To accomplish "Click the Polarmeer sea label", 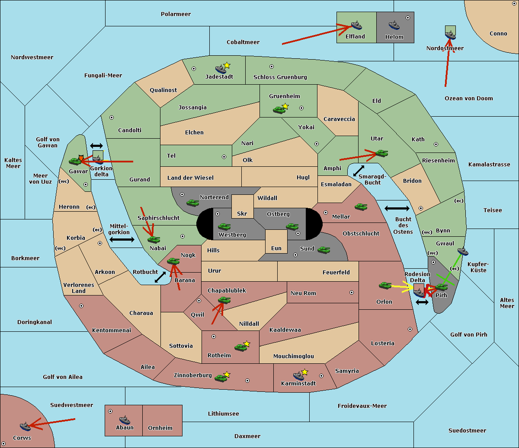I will pyautogui.click(x=176, y=14).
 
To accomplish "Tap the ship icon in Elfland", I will pyautogui.click(x=356, y=25).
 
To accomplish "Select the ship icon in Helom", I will pyautogui.click(x=394, y=25).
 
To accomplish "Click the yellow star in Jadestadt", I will pyautogui.click(x=227, y=65).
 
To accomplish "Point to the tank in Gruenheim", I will pyautogui.click(x=279, y=110).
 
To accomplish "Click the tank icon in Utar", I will pyautogui.click(x=381, y=153).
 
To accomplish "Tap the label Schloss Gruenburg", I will pyautogui.click(x=280, y=77).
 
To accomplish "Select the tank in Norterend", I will pyautogui.click(x=192, y=202).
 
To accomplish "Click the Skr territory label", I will pyautogui.click(x=242, y=214).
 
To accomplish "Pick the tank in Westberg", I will pyautogui.click(x=224, y=226).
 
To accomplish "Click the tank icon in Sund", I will pyautogui.click(x=324, y=250).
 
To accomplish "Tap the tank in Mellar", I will pyautogui.click(x=361, y=207).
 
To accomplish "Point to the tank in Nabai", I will pyautogui.click(x=154, y=239).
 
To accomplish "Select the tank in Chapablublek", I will pyautogui.click(x=224, y=300).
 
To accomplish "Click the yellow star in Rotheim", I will pyautogui.click(x=247, y=344).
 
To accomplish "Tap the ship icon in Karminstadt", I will pyautogui.click(x=298, y=375).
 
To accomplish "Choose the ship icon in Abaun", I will pyautogui.click(x=125, y=419).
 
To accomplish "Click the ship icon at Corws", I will pyautogui.click(x=26, y=426).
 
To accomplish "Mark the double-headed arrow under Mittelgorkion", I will pyautogui.click(x=122, y=239).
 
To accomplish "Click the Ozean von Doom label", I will pyautogui.click(x=468, y=98).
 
